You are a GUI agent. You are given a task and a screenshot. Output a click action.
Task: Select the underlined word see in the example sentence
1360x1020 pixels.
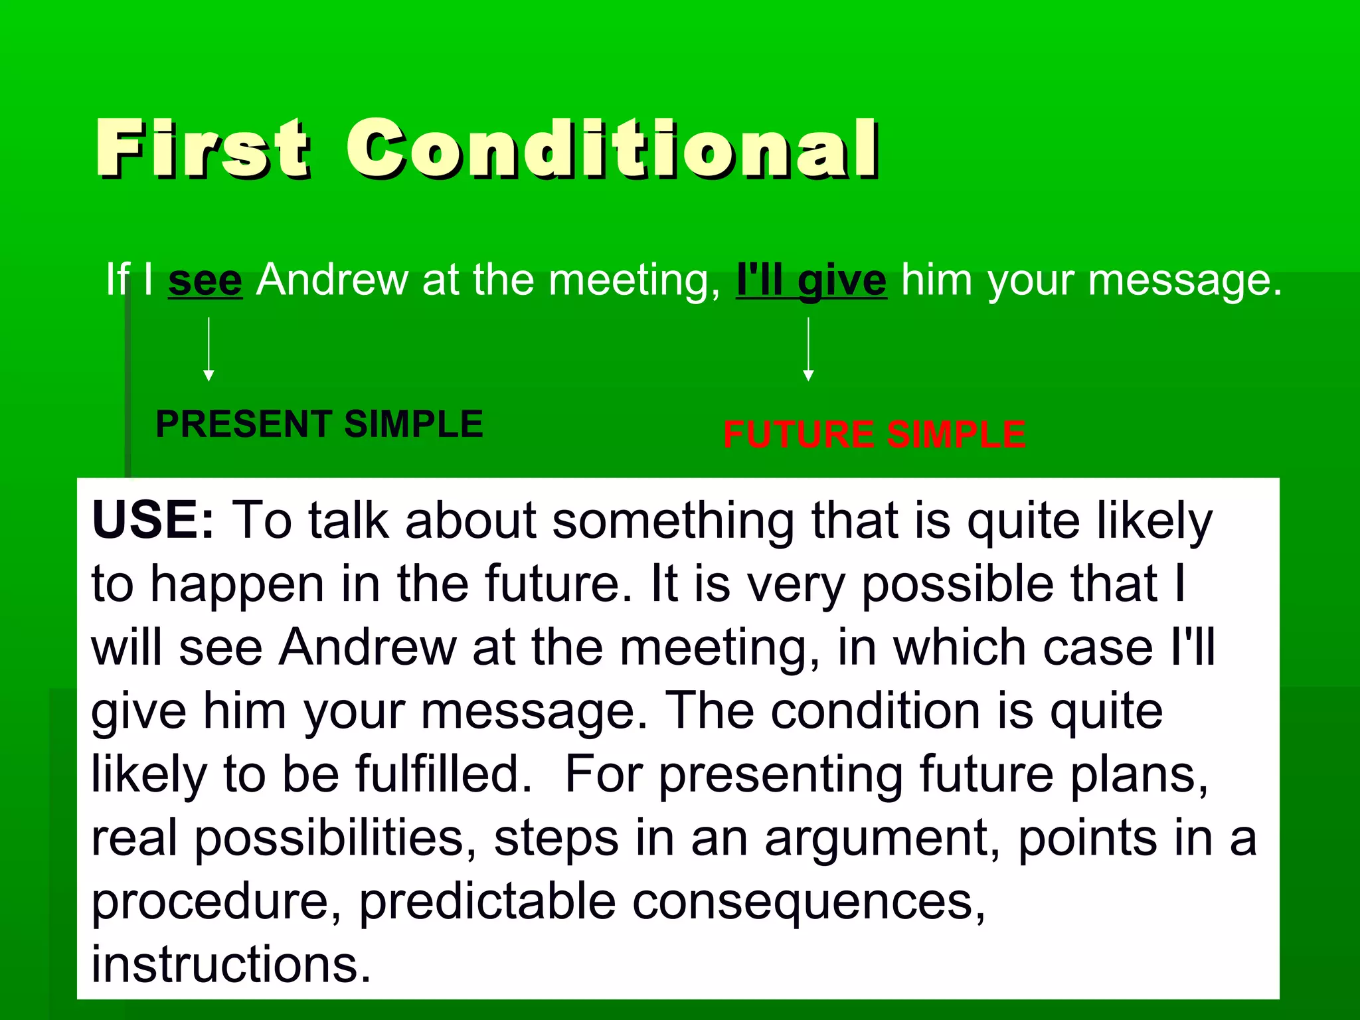(205, 280)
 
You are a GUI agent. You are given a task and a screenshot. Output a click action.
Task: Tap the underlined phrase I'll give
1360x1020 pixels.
(811, 280)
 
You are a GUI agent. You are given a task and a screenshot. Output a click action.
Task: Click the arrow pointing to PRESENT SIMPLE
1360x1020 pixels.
(209, 349)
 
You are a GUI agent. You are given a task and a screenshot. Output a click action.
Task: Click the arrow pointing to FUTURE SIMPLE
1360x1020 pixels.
(808, 349)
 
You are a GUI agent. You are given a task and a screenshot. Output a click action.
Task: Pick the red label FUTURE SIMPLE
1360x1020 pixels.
(874, 434)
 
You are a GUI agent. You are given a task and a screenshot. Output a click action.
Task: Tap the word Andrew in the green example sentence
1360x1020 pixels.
(331, 280)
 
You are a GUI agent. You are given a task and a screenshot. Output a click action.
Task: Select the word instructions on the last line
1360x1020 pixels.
(230, 964)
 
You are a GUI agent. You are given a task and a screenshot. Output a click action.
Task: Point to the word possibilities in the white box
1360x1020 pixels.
(335, 839)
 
